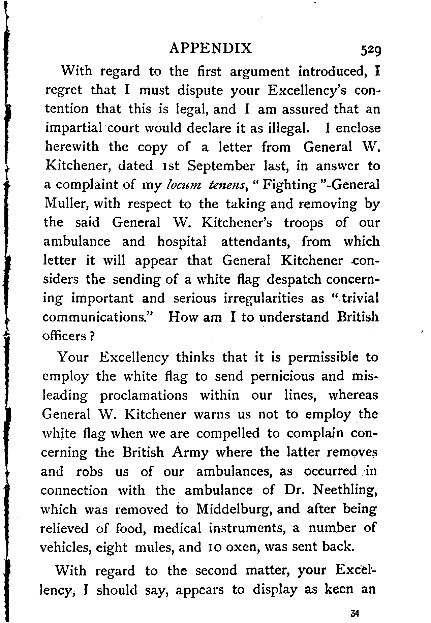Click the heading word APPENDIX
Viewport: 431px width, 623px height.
(x=210, y=49)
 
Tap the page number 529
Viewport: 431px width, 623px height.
(x=369, y=50)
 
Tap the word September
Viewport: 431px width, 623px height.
(x=221, y=166)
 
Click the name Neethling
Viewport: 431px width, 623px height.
(x=344, y=490)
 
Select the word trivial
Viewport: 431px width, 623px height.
(x=359, y=298)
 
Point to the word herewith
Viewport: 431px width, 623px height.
(x=72, y=147)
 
